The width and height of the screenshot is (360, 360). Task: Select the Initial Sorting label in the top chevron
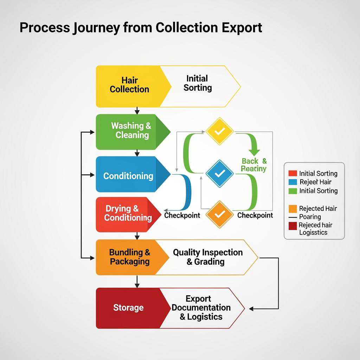(197, 83)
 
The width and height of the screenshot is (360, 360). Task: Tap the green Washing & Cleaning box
(131, 130)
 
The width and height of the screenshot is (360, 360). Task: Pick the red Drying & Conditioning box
(127, 213)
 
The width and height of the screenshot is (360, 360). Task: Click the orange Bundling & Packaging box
(129, 257)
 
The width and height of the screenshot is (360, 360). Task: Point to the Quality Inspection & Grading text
(207, 257)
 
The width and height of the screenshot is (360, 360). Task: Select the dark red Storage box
(128, 308)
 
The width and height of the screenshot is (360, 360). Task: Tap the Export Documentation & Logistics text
(201, 308)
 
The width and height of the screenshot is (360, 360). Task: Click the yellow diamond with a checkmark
(220, 131)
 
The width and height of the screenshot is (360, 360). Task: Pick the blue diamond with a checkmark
(220, 173)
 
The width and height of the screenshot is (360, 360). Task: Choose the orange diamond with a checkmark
(220, 214)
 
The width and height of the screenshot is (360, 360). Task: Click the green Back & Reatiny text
(254, 165)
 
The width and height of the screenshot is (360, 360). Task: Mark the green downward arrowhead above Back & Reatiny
(254, 152)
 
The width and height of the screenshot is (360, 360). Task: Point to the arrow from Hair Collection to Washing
(137, 110)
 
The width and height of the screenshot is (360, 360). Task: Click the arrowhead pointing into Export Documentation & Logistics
(255, 309)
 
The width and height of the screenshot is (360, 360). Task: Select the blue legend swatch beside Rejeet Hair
(292, 182)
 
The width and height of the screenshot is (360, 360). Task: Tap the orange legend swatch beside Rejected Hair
(292, 208)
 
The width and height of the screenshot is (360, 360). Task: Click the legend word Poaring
(310, 217)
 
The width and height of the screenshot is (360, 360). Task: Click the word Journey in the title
(96, 27)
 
